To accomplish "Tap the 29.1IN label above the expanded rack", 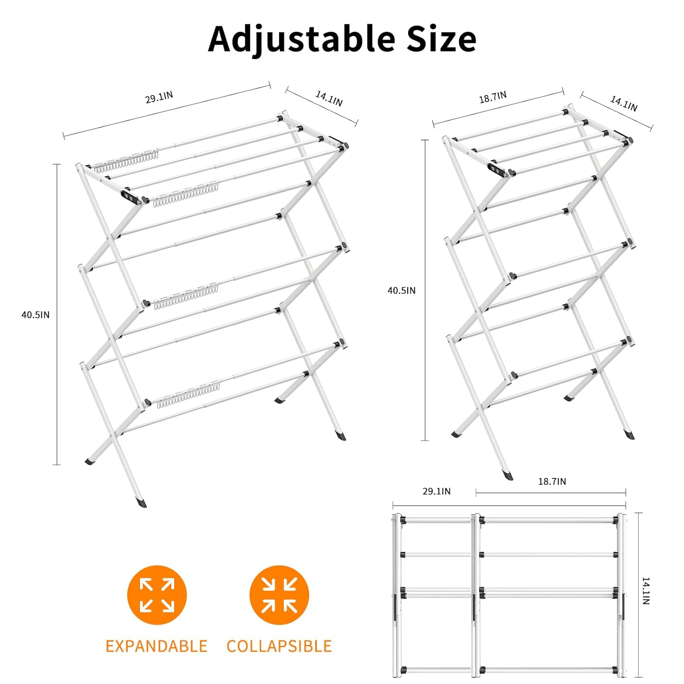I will tap(159, 97).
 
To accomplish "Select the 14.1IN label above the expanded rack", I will tap(329, 98).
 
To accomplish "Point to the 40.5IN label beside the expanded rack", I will tap(36, 315).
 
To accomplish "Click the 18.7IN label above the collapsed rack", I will tap(492, 97).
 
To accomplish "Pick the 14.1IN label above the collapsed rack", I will tap(624, 104).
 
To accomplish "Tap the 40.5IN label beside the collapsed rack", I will tap(401, 290).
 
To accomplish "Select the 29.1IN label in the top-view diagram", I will tap(436, 491).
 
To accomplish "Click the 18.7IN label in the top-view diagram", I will tap(552, 482).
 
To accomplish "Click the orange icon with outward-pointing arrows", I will tap(157, 595).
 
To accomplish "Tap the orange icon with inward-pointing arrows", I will tap(279, 595).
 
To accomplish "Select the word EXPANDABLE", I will tap(156, 646).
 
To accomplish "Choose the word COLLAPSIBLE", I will tap(279, 646).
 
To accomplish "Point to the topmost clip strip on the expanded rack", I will tap(126, 161).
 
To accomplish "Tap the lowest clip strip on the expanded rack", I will tap(189, 394).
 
